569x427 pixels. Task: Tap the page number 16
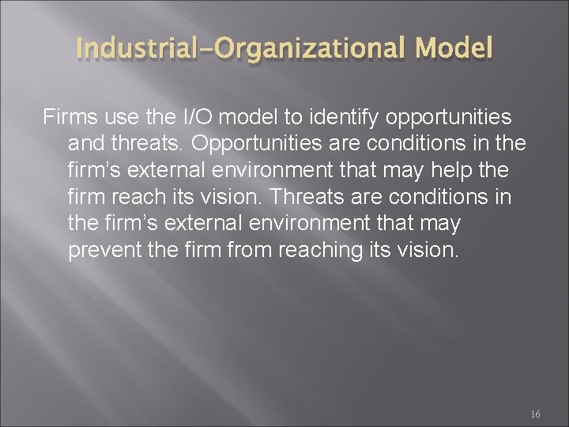coord(535,414)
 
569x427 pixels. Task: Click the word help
coord(464,170)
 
